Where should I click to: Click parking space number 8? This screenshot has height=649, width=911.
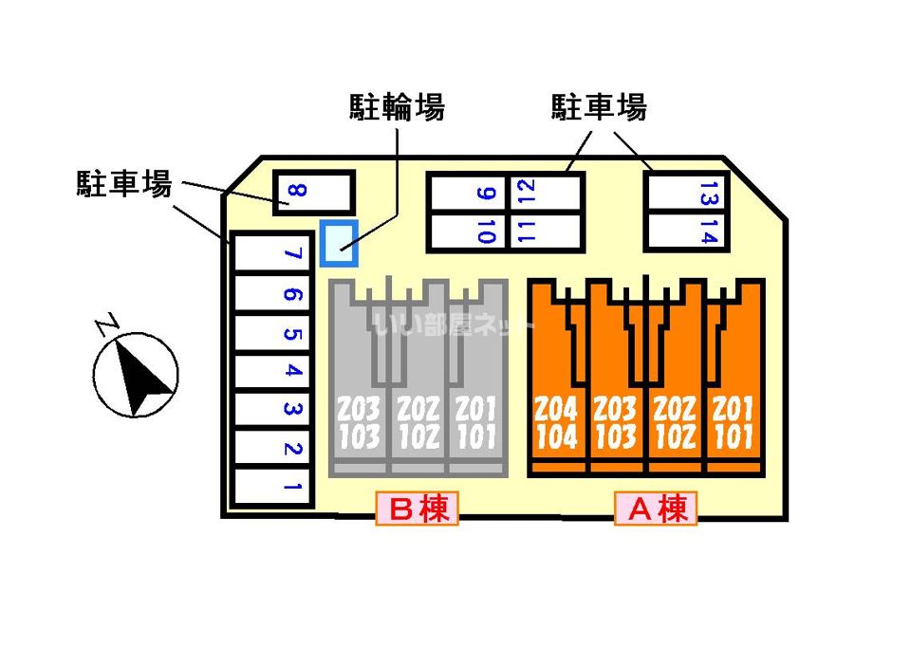313,194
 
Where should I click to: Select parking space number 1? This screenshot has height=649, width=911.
273,490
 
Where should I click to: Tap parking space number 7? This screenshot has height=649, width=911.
273,254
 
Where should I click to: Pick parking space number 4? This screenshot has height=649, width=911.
273,372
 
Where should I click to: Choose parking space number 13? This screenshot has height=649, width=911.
686,195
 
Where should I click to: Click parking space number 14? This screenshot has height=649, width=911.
686,231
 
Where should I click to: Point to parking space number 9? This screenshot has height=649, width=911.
468,195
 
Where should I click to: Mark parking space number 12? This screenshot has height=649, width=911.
546,195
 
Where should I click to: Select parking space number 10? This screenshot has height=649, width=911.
468,231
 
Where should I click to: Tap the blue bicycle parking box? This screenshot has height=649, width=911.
339,243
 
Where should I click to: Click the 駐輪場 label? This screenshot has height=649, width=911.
397,108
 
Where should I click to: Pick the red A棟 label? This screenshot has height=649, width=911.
656,510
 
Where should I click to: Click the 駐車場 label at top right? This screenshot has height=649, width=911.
599,108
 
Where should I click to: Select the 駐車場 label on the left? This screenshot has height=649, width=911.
124,183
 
